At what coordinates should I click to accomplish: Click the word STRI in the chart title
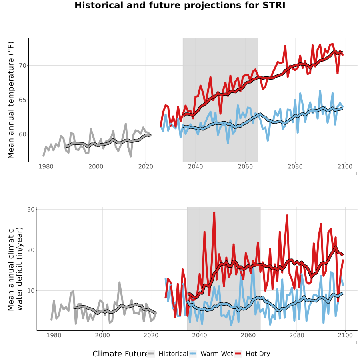point(274,5)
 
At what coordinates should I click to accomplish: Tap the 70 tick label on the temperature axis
point(22,66)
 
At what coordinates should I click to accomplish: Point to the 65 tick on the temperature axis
point(22,100)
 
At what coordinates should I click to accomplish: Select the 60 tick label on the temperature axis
point(22,134)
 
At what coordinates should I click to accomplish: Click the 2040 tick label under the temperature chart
point(195,166)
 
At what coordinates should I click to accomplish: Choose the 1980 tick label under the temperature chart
point(46,166)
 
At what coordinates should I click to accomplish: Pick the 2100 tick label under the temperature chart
point(345,166)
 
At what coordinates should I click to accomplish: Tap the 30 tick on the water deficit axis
point(31,209)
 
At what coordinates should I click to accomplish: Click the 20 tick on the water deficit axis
point(31,250)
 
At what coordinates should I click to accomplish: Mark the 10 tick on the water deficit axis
point(31,291)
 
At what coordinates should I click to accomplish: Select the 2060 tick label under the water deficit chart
point(248,335)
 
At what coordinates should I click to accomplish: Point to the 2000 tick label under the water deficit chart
point(102,335)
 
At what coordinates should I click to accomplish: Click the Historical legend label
point(173,354)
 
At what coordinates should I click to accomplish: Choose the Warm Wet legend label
point(217,354)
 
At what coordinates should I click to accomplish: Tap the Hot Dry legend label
point(258,354)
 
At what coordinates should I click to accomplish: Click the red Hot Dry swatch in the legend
point(238,354)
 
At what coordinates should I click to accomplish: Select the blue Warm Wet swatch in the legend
point(193,354)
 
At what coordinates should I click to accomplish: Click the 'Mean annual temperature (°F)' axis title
point(11,100)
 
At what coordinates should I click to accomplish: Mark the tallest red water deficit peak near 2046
point(214,213)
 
